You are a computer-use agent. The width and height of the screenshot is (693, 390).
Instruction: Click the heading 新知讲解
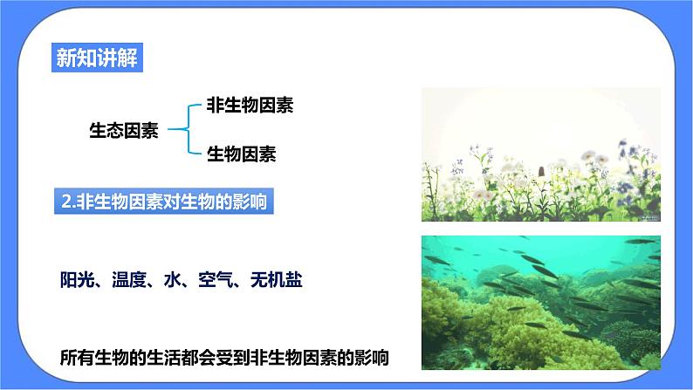tap(95, 59)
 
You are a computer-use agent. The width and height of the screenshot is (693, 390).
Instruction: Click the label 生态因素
tap(124, 131)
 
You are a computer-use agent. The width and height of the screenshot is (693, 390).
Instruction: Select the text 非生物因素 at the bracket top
tap(249, 106)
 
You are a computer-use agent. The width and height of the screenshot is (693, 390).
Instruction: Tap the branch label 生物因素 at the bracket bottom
tap(241, 155)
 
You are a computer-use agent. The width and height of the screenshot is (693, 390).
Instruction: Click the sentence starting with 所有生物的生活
tap(224, 357)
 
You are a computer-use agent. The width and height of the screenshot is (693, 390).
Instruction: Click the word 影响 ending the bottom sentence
tap(372, 357)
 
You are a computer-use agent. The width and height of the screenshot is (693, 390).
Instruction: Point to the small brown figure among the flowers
tap(541, 169)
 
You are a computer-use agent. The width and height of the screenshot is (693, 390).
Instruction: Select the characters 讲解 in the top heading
tap(116, 59)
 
